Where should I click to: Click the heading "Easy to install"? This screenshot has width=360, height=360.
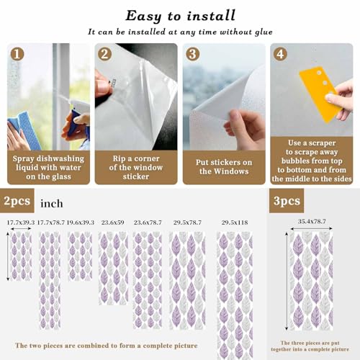(180, 16)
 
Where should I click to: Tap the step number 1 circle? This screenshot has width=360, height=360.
(17, 54)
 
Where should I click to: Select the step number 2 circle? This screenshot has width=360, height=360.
(104, 54)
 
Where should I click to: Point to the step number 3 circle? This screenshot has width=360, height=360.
(193, 54)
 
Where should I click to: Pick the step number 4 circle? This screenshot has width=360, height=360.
(280, 54)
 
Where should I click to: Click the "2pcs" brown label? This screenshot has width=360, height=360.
(17, 201)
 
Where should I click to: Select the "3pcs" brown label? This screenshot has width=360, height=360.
(287, 201)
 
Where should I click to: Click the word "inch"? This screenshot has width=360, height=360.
(52, 204)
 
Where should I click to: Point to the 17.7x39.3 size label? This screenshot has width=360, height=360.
(21, 222)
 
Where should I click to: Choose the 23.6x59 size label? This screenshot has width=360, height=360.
(112, 222)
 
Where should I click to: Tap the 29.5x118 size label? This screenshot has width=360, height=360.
(235, 222)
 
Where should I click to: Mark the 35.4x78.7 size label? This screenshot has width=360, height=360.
(312, 221)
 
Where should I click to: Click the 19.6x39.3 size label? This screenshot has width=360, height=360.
(80, 222)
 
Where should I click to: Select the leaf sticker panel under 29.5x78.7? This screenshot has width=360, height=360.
(187, 280)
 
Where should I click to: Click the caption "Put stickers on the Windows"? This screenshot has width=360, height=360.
(224, 167)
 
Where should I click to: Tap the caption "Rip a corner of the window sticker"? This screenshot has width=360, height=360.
(136, 167)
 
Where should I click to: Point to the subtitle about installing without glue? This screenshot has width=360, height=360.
(180, 32)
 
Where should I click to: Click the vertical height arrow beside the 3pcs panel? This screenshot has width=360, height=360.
(287, 281)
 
